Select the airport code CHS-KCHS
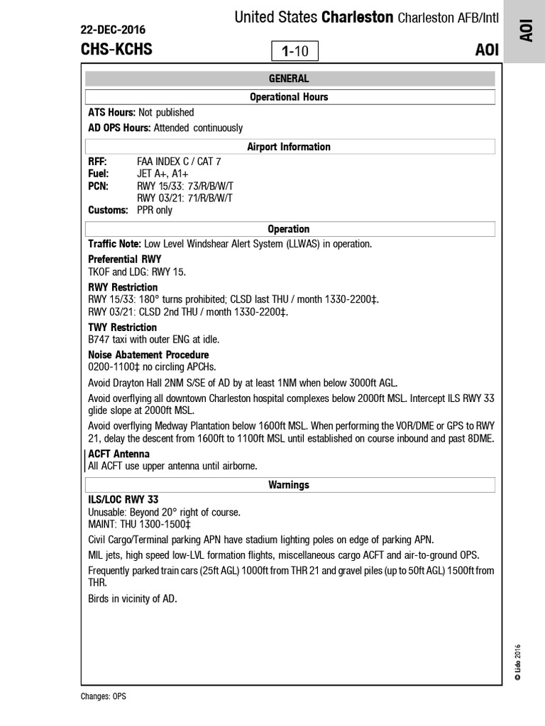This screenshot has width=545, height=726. click(x=116, y=50)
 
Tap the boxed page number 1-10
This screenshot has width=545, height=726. click(x=294, y=51)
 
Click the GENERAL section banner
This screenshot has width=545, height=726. click(x=289, y=79)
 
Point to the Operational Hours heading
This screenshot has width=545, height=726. click(x=289, y=97)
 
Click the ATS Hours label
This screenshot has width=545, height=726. click(x=111, y=113)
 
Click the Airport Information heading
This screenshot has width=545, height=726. click(x=289, y=147)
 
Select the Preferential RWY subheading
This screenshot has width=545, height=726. click(x=125, y=259)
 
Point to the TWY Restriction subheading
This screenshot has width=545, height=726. click(x=123, y=328)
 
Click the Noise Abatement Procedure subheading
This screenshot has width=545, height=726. click(x=148, y=354)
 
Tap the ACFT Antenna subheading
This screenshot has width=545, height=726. click(x=119, y=454)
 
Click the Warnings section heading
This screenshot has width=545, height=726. click(x=289, y=485)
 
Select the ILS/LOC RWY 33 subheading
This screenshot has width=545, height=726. click(x=123, y=500)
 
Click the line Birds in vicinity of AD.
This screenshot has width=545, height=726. click(x=132, y=599)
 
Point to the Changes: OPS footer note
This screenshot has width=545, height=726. click(x=104, y=696)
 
